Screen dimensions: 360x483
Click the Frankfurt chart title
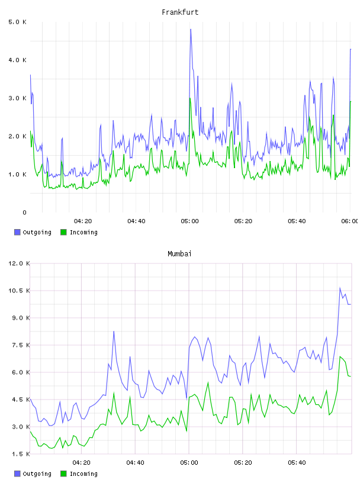click(x=180, y=12)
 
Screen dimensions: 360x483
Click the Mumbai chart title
click(x=179, y=254)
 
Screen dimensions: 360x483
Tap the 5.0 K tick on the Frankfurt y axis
click(x=17, y=22)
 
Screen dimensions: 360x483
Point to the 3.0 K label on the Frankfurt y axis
click(x=17, y=98)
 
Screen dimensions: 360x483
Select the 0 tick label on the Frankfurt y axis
click(x=24, y=212)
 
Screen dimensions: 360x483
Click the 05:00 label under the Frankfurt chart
click(x=189, y=221)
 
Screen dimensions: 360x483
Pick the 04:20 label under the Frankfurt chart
click(x=83, y=221)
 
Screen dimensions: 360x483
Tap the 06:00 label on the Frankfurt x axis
click(x=350, y=221)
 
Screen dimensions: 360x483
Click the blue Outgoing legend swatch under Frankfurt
click(x=17, y=232)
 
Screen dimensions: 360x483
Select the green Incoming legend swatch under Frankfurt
click(x=63, y=232)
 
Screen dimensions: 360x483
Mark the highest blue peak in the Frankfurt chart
click(x=191, y=29)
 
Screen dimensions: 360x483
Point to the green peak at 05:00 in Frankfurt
click(x=190, y=98)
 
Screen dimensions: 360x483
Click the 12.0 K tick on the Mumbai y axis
click(x=19, y=263)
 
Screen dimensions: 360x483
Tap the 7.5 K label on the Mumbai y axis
click(x=19, y=345)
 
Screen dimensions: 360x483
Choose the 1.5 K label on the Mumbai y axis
click(x=19, y=454)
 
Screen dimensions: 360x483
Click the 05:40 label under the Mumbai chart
click(x=297, y=463)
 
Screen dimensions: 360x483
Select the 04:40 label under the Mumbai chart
click(x=136, y=463)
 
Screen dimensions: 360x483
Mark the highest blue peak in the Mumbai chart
click(x=340, y=288)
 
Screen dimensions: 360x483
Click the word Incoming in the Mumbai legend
click(x=83, y=474)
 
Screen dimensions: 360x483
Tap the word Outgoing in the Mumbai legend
click(x=37, y=474)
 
